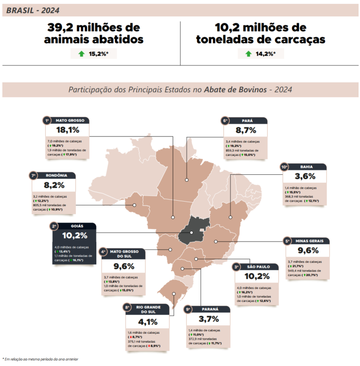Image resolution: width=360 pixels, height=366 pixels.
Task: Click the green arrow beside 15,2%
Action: (81, 53)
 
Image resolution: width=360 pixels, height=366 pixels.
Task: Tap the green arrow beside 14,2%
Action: (248, 53)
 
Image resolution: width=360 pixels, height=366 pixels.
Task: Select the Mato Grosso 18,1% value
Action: (68, 130)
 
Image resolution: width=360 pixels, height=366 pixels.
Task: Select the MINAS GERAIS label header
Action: (309, 241)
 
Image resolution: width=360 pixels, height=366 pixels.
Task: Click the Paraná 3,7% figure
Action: (208, 318)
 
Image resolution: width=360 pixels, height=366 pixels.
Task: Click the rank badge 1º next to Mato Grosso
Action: (47, 120)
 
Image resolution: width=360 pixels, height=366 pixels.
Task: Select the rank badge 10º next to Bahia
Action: (284, 167)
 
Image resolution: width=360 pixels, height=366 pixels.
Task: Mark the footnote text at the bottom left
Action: (40, 359)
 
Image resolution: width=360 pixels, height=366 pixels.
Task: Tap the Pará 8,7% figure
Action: (246, 130)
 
